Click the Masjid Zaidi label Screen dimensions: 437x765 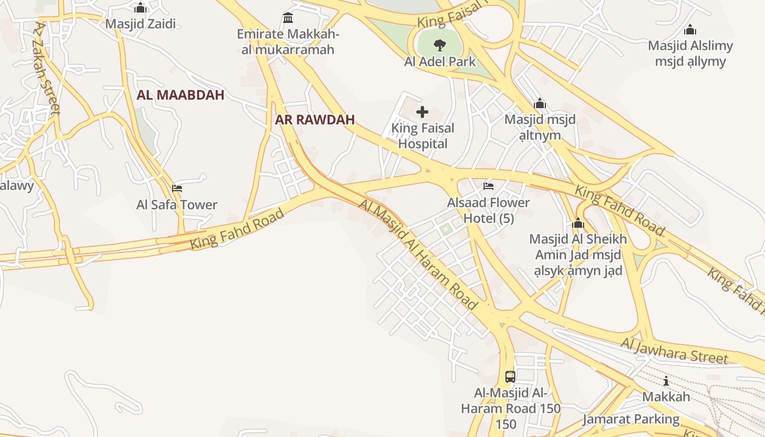pos(140,24)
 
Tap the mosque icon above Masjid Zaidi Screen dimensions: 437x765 pos(140,8)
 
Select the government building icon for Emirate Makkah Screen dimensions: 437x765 pos(288,18)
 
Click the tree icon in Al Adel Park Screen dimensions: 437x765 pos(439,45)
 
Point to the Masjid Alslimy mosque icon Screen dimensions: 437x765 pos(690,29)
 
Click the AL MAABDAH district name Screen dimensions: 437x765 pos(180,95)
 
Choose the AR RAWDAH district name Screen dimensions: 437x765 pos(315,120)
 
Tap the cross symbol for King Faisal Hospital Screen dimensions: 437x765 pos(422,113)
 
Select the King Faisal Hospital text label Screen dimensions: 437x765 pos(423,136)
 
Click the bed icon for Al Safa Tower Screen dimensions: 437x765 pos(177,188)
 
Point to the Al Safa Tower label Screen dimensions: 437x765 pos(177,205)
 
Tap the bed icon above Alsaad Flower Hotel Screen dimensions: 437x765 pos(489,186)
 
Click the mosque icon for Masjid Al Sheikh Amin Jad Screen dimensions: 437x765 pos(578,223)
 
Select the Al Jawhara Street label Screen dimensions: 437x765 pos(674,350)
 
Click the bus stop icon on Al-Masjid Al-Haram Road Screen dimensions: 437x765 pos(510,376)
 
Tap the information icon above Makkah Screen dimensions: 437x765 pos(666,381)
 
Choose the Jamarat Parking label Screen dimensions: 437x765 pos(631,420)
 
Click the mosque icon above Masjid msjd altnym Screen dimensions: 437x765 pos(540,103)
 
